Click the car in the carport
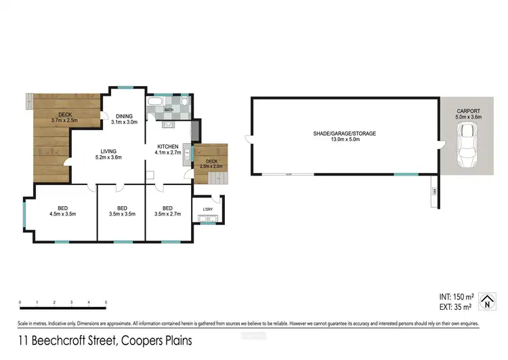(x=467, y=146)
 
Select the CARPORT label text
(x=469, y=110)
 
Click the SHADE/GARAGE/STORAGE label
(x=344, y=134)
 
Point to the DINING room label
(x=124, y=116)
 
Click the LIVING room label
(x=108, y=151)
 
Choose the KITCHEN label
(x=167, y=146)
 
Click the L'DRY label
(x=208, y=209)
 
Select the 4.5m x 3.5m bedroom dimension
(x=63, y=214)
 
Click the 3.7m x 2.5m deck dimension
(x=65, y=121)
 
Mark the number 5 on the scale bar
(x=106, y=302)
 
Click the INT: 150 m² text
(x=455, y=296)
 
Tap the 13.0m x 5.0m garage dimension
(x=344, y=140)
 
